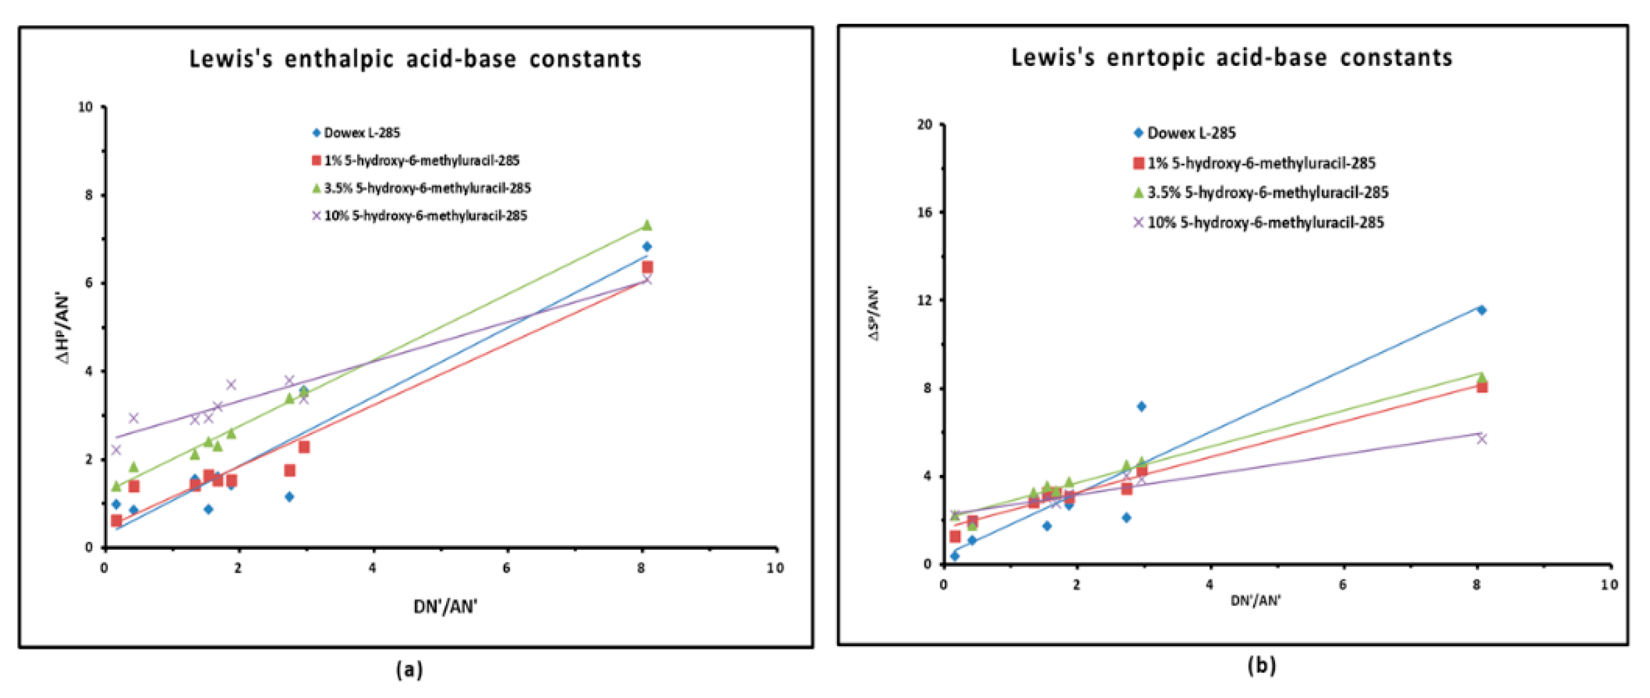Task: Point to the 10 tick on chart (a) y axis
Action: click(85, 107)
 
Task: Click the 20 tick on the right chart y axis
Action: click(924, 124)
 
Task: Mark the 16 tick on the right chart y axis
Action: click(924, 212)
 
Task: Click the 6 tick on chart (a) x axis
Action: click(507, 568)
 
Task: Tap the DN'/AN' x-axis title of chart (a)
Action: click(445, 606)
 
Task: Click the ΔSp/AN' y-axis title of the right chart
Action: click(874, 313)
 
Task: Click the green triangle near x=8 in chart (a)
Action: click(647, 225)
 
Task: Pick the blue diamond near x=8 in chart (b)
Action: click(1481, 310)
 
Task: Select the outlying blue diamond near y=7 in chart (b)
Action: click(1141, 406)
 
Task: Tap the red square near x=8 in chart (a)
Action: click(647, 267)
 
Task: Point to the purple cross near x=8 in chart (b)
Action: click(1481, 439)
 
